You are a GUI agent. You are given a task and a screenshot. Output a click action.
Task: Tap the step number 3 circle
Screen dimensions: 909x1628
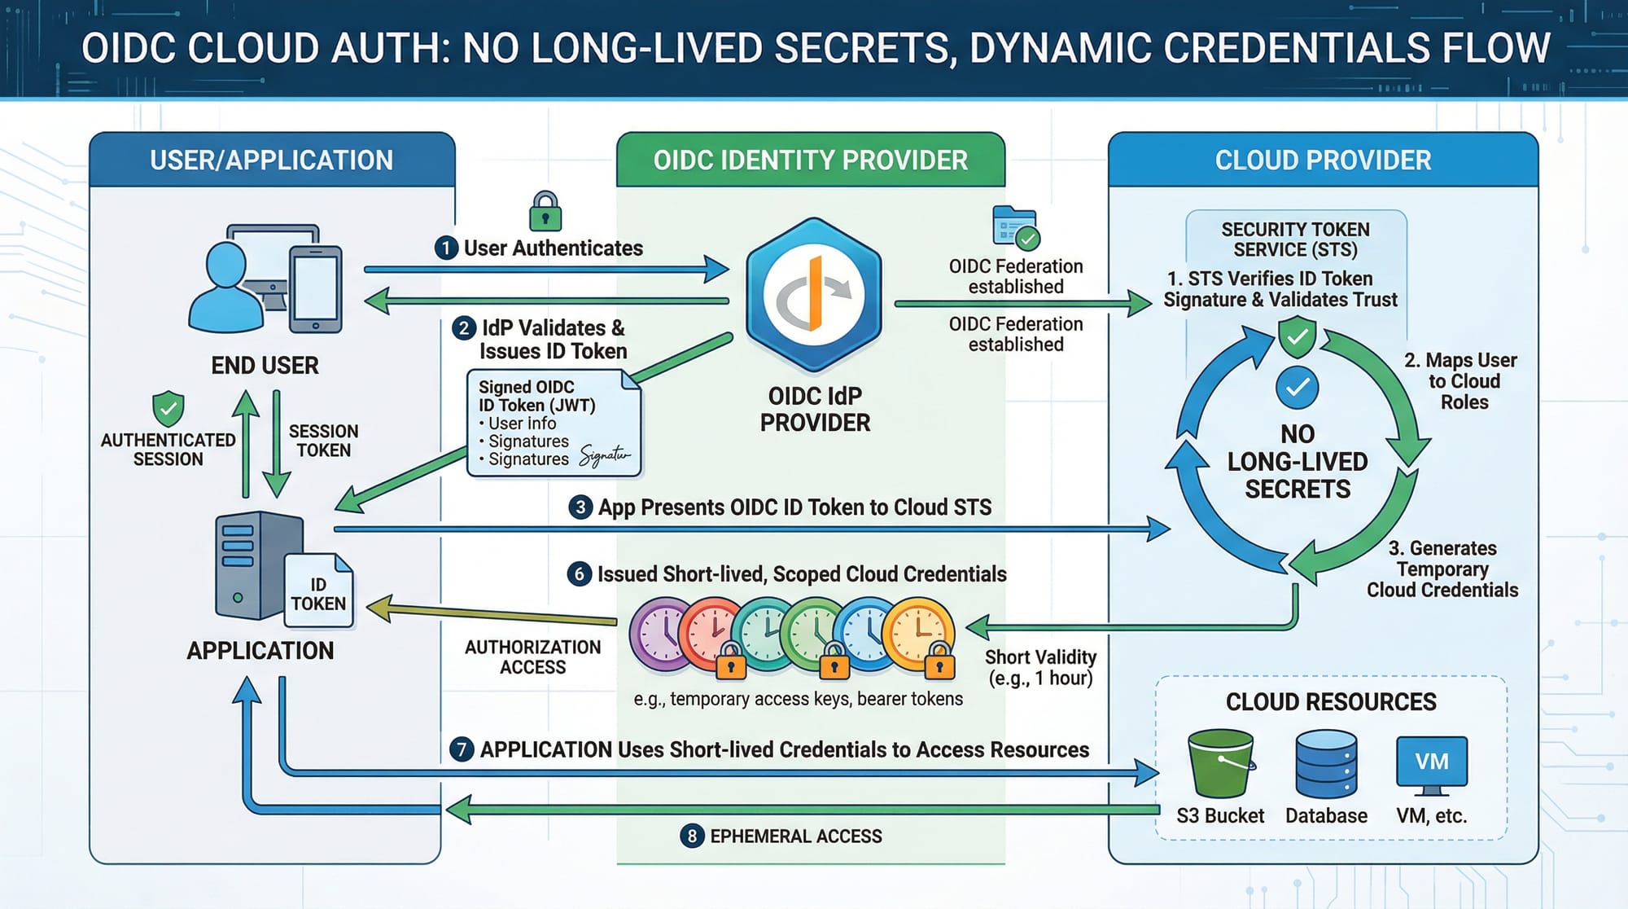point(580,507)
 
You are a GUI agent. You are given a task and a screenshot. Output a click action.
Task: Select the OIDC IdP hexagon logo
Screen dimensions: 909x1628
point(814,295)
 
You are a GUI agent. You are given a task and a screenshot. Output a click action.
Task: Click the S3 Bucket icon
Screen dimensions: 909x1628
point(1220,763)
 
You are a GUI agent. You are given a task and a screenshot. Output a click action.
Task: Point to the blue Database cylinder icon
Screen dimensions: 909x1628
point(1326,764)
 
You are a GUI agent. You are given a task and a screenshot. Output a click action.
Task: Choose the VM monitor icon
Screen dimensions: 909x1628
point(1431,764)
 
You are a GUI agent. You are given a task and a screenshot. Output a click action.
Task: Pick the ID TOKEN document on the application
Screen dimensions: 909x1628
point(318,592)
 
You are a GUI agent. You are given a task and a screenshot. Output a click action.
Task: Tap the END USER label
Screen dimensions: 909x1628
point(265,366)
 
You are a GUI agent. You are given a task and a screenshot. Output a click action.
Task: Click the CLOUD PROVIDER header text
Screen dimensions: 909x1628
point(1323,160)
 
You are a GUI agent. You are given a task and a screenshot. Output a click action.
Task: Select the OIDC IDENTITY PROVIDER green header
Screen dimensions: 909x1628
point(811,160)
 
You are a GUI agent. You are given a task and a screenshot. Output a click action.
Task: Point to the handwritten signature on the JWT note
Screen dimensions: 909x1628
point(604,455)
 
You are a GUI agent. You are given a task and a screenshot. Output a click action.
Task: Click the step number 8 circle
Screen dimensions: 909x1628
point(692,836)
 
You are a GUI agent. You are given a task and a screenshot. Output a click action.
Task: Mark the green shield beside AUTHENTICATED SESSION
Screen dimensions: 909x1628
point(168,408)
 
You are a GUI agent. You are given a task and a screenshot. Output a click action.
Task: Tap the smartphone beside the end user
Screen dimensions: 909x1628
point(316,289)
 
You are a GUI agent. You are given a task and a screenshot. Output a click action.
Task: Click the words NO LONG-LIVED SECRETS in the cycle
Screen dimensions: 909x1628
point(1298,462)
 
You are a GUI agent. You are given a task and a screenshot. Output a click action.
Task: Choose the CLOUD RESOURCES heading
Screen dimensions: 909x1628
point(1331,702)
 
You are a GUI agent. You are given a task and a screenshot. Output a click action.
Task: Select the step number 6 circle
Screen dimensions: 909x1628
point(579,574)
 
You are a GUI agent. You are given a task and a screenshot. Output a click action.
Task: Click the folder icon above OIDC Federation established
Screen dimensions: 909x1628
point(1014,226)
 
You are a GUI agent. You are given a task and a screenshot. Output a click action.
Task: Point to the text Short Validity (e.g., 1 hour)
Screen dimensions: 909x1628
point(1040,668)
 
